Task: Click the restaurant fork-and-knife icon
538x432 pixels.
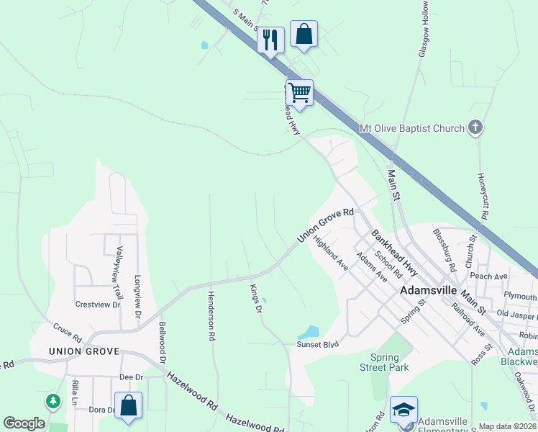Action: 270,39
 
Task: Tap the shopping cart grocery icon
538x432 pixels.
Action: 299,92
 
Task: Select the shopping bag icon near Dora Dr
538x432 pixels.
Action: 128,405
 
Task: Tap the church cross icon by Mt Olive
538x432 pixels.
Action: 475,128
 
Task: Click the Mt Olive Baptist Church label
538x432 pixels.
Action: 412,129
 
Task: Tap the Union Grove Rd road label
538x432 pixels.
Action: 327,226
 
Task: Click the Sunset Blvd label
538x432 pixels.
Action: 317,345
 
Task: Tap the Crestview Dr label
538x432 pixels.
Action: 97,305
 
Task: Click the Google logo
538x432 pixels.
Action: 24,423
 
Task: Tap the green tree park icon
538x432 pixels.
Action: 53,401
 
